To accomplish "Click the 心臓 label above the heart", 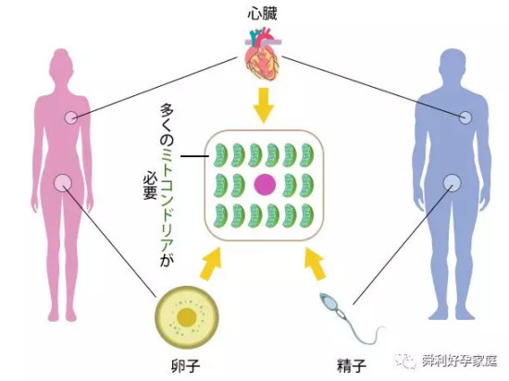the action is point(262,14).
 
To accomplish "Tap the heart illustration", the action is point(262,55).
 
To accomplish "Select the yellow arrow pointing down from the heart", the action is point(263,105).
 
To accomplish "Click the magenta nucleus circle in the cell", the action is point(265,185).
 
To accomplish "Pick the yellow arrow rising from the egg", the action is point(211,264).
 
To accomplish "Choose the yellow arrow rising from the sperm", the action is point(316,264).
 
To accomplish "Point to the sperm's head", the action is point(329,301).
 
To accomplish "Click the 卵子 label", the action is point(185,365).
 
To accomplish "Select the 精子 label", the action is point(352,365).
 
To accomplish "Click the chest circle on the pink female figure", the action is point(71,117).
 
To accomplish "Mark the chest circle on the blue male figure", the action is point(466,117).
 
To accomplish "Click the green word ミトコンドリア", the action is point(168,200).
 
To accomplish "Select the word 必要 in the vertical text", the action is point(150,185).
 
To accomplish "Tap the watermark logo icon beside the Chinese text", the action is point(405,361).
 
